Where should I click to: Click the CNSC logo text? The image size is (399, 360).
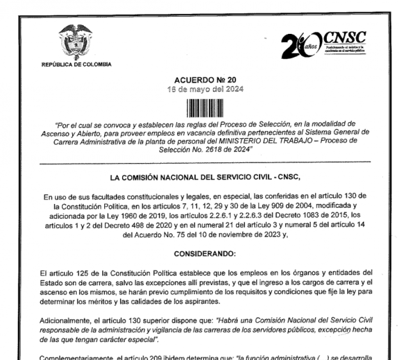pos(345,37)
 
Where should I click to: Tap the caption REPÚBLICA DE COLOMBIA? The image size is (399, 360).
pos(77,64)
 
